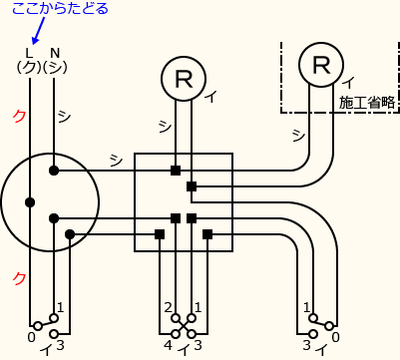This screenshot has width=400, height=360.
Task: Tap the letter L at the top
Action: [29, 53]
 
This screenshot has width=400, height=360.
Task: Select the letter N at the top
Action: [55, 53]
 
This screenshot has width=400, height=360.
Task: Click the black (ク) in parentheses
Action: [28, 67]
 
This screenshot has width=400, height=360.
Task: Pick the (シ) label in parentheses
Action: [56, 67]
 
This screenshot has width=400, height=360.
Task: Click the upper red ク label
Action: [19, 116]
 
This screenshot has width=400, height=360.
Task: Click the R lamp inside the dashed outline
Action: [320, 65]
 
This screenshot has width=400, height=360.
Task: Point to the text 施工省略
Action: [365, 102]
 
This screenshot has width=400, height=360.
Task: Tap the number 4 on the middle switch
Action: [168, 346]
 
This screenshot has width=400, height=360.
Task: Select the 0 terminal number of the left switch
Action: [31, 338]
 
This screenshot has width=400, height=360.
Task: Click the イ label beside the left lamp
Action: [210, 97]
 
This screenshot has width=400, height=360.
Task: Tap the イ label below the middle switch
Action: [183, 347]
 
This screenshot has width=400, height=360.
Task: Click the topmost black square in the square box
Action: [176, 171]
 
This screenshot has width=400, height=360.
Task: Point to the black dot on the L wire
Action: [30, 201]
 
